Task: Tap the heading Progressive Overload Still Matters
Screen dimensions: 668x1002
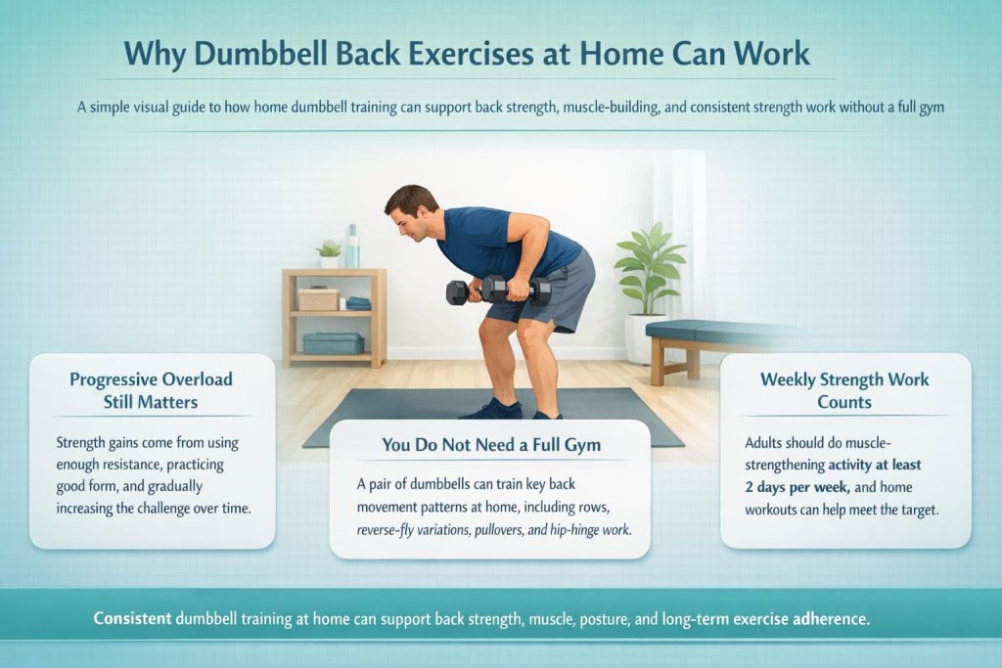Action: click(152, 390)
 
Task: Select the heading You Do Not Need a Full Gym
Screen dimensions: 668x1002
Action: click(490, 445)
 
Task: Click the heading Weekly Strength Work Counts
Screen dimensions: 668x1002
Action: click(844, 390)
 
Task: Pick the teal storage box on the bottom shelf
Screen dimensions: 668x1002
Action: click(333, 342)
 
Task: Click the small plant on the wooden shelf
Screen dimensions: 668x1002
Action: click(329, 253)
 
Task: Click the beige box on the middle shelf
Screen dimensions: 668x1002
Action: click(318, 298)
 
